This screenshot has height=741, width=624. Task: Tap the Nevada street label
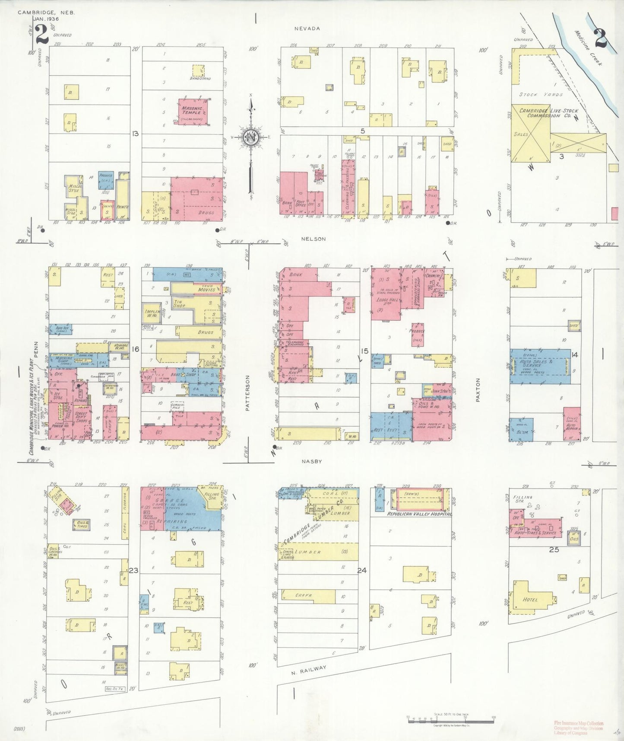click(x=307, y=29)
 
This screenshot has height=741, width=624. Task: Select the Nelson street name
click(x=314, y=239)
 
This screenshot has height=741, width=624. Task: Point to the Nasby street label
click(x=312, y=461)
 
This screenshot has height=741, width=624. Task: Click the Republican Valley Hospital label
click(x=419, y=514)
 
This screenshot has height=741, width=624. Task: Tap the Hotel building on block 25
click(x=530, y=599)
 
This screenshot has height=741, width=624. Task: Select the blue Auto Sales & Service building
click(x=540, y=366)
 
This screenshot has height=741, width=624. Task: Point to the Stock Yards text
click(x=541, y=94)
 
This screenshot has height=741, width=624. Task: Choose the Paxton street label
click(x=478, y=390)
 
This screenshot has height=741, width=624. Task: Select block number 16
click(x=136, y=348)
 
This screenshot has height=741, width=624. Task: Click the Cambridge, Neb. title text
click(x=46, y=13)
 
